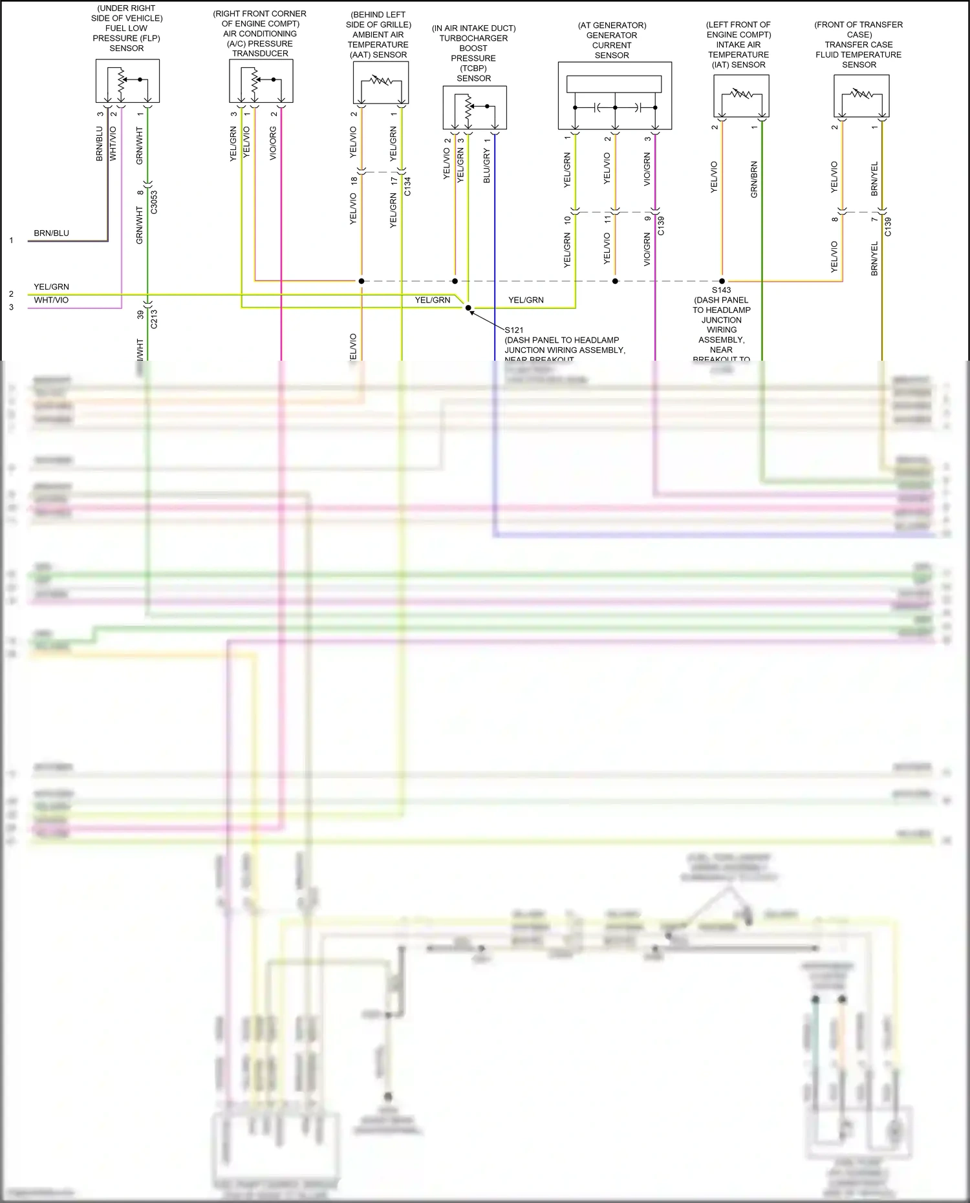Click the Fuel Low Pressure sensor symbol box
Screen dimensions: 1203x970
click(x=127, y=81)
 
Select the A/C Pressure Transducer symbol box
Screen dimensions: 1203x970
click(x=261, y=81)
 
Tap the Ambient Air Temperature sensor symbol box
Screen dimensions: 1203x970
click(x=381, y=82)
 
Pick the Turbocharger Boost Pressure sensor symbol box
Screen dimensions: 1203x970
click(x=475, y=107)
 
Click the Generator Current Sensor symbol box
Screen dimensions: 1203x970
click(x=615, y=96)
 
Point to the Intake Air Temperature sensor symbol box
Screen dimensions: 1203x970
click(x=741, y=96)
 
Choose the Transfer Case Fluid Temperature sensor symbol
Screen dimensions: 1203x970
click(x=861, y=96)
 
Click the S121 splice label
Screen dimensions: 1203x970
click(x=514, y=330)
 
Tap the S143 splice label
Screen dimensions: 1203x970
click(x=722, y=290)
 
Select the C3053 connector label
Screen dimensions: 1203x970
click(x=154, y=202)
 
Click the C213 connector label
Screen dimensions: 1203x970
click(x=154, y=319)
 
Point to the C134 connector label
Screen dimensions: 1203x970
click(x=407, y=187)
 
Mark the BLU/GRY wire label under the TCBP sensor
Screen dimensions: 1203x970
click(x=487, y=165)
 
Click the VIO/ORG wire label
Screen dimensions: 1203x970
click(x=273, y=144)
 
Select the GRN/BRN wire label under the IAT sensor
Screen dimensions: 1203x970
click(x=754, y=180)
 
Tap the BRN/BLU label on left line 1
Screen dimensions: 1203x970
click(x=51, y=233)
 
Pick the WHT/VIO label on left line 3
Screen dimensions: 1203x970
click(x=51, y=301)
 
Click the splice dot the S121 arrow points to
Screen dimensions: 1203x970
click(x=469, y=308)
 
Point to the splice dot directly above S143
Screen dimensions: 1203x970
click(x=722, y=281)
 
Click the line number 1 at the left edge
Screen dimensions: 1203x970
click(x=11, y=240)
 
